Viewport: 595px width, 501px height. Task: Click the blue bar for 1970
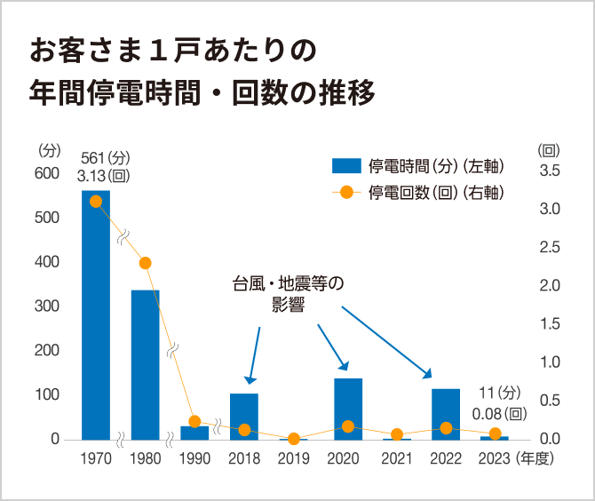point(96,314)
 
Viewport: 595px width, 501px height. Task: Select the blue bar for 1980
point(146,364)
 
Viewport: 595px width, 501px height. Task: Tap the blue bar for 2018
point(244,416)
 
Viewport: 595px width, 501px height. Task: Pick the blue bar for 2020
point(348,409)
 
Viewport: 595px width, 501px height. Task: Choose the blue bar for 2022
point(446,414)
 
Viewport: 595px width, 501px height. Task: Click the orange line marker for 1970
point(96,201)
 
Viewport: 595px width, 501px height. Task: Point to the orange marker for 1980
point(146,263)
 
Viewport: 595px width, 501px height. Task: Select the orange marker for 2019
point(294,439)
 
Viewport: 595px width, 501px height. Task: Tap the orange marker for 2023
point(496,433)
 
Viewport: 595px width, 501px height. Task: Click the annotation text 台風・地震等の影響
point(288,294)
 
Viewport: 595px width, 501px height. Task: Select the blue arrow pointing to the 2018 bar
point(255,354)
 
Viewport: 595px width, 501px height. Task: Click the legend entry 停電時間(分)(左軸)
point(418,165)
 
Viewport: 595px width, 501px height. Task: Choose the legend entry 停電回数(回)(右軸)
point(418,192)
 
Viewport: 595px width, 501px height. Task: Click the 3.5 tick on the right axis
point(551,171)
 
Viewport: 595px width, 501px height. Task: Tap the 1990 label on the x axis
point(194,459)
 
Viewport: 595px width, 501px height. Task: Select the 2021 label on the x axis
point(397,459)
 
